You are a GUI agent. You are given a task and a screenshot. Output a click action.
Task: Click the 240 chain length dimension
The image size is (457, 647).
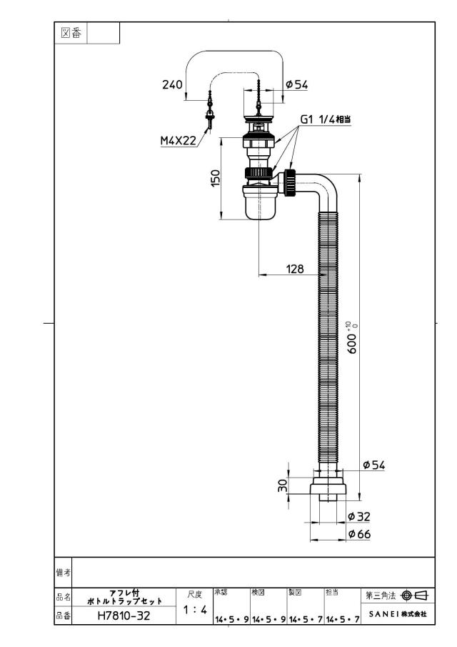tap(172, 84)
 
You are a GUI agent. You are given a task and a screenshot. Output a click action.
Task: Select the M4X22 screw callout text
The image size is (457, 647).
tap(178, 141)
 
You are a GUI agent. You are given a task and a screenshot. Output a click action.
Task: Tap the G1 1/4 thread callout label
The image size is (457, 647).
tap(326, 119)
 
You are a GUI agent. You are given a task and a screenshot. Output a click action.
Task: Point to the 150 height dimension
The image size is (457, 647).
tap(216, 178)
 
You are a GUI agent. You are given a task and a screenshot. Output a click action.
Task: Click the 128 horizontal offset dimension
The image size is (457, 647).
tap(295, 269)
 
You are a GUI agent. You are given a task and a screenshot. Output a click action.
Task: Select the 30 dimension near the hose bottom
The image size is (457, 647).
tap(282, 485)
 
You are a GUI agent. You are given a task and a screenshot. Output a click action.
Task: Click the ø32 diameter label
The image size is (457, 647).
tap(359, 516)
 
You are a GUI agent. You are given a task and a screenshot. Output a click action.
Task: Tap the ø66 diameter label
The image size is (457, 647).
tap(359, 534)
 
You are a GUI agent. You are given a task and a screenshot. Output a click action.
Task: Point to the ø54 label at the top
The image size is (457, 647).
tap(297, 84)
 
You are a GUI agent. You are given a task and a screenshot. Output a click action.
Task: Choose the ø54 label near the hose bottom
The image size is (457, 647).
tap(373, 465)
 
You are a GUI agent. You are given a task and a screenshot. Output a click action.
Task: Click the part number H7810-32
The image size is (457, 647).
tap(124, 616)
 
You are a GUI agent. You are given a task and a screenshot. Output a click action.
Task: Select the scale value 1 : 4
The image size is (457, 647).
tap(195, 609)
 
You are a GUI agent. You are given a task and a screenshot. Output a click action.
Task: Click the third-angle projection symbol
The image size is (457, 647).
tap(414, 596)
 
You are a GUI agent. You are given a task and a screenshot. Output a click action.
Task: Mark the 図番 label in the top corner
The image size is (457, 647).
tap(71, 33)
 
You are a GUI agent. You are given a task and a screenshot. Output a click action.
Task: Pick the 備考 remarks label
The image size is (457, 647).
tap(63, 573)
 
